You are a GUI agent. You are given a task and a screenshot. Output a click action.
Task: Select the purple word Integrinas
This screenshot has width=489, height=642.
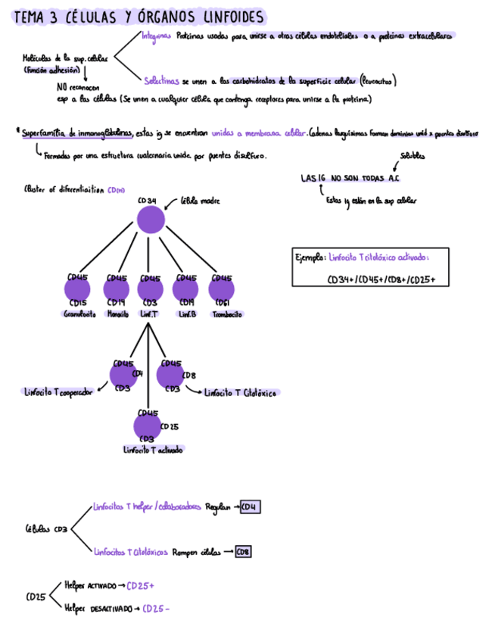pyautogui.click(x=156, y=36)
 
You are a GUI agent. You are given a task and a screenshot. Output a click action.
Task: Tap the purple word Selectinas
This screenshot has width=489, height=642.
pyautogui.click(x=161, y=80)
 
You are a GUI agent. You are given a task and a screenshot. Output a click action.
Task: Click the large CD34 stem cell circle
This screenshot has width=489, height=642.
pyautogui.click(x=151, y=220)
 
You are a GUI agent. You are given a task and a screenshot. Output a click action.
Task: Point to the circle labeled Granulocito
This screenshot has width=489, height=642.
pyautogui.click(x=77, y=290)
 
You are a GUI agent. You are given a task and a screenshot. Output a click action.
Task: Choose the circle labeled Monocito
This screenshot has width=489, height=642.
pyautogui.click(x=117, y=290)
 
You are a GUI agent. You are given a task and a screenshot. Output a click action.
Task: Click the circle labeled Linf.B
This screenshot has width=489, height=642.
pyautogui.click(x=185, y=290)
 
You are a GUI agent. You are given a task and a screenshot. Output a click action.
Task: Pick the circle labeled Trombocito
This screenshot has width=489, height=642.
pyautogui.click(x=222, y=290)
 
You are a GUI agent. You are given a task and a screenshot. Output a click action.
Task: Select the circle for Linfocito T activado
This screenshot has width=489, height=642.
pyautogui.click(x=148, y=427)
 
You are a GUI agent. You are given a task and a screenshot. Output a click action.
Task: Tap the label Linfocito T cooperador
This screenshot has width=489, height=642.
pyautogui.click(x=59, y=392)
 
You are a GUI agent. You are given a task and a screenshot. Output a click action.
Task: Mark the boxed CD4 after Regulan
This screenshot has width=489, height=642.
pyautogui.click(x=250, y=506)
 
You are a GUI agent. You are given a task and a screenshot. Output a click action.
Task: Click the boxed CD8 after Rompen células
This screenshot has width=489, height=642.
pyautogui.click(x=243, y=552)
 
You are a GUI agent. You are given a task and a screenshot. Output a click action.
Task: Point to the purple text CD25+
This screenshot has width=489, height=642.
pyautogui.click(x=140, y=585)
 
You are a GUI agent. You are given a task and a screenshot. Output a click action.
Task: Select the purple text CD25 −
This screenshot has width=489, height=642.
pyautogui.click(x=156, y=609)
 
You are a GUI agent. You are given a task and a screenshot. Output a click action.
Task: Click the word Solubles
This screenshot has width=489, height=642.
pyautogui.click(x=412, y=157)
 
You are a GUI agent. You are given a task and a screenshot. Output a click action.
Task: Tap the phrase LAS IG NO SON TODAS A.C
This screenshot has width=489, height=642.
pyautogui.click(x=349, y=179)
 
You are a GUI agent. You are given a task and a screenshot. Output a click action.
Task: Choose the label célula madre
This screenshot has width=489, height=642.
pyautogui.click(x=200, y=202)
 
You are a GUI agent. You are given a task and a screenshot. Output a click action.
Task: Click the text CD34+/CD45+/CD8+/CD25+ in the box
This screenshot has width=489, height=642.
pyautogui.click(x=387, y=279)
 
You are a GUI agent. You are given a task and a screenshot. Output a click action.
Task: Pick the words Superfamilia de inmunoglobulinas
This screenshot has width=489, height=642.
pyautogui.click(x=77, y=134)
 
